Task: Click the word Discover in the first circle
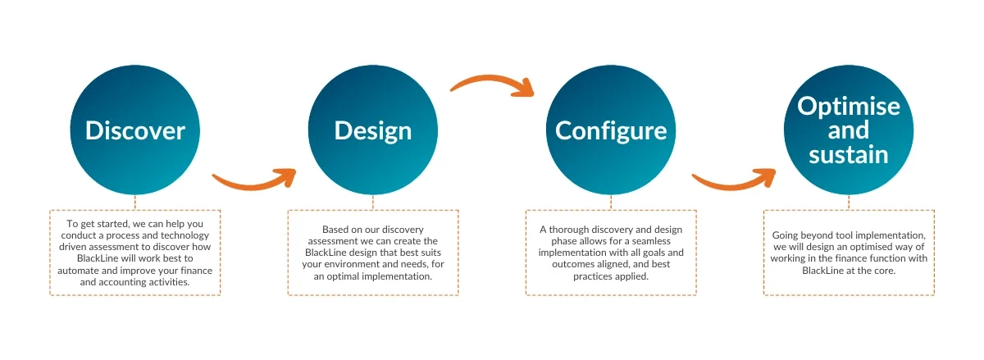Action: pyautogui.click(x=134, y=130)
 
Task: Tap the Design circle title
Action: pyautogui.click(x=373, y=131)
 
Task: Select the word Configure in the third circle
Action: pyautogui.click(x=611, y=131)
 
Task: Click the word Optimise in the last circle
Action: pyautogui.click(x=849, y=107)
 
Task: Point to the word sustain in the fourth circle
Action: pyautogui.click(x=849, y=155)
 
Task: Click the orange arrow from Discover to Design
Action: pyautogui.click(x=255, y=180)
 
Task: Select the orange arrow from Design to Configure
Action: pyautogui.click(x=493, y=84)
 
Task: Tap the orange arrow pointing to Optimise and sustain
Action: pyautogui.click(x=735, y=180)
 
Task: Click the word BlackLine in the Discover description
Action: pyautogui.click(x=98, y=258)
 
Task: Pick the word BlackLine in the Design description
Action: pyautogui.click(x=326, y=253)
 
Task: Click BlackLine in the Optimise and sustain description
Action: pyautogui.click(x=822, y=271)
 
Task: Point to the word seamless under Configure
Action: pyautogui.click(x=651, y=241)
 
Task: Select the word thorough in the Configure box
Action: pyautogui.click(x=569, y=230)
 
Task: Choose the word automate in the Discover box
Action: pyautogui.click(x=76, y=271)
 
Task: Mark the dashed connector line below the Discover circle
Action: pyautogui.click(x=134, y=203)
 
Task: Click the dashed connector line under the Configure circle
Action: pyautogui.click(x=611, y=203)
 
